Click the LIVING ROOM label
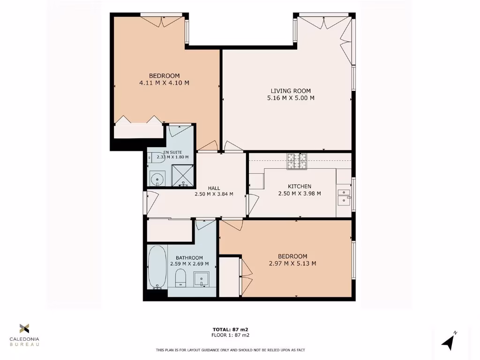pyautogui.click(x=291, y=91)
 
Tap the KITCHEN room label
pyautogui.click(x=300, y=187)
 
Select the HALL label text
pyautogui.click(x=214, y=188)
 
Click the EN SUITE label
pyautogui.click(x=170, y=152)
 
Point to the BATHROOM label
pyautogui.click(x=189, y=258)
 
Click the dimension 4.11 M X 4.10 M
pyautogui.click(x=164, y=83)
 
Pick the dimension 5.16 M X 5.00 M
pyautogui.click(x=291, y=98)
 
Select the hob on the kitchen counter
pyautogui.click(x=296, y=161)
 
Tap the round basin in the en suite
pyautogui.click(x=156, y=178)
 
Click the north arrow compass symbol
pyautogui.click(x=449, y=341)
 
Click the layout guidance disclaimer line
pyautogui.click(x=230, y=350)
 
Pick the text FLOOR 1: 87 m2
pyautogui.click(x=230, y=335)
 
